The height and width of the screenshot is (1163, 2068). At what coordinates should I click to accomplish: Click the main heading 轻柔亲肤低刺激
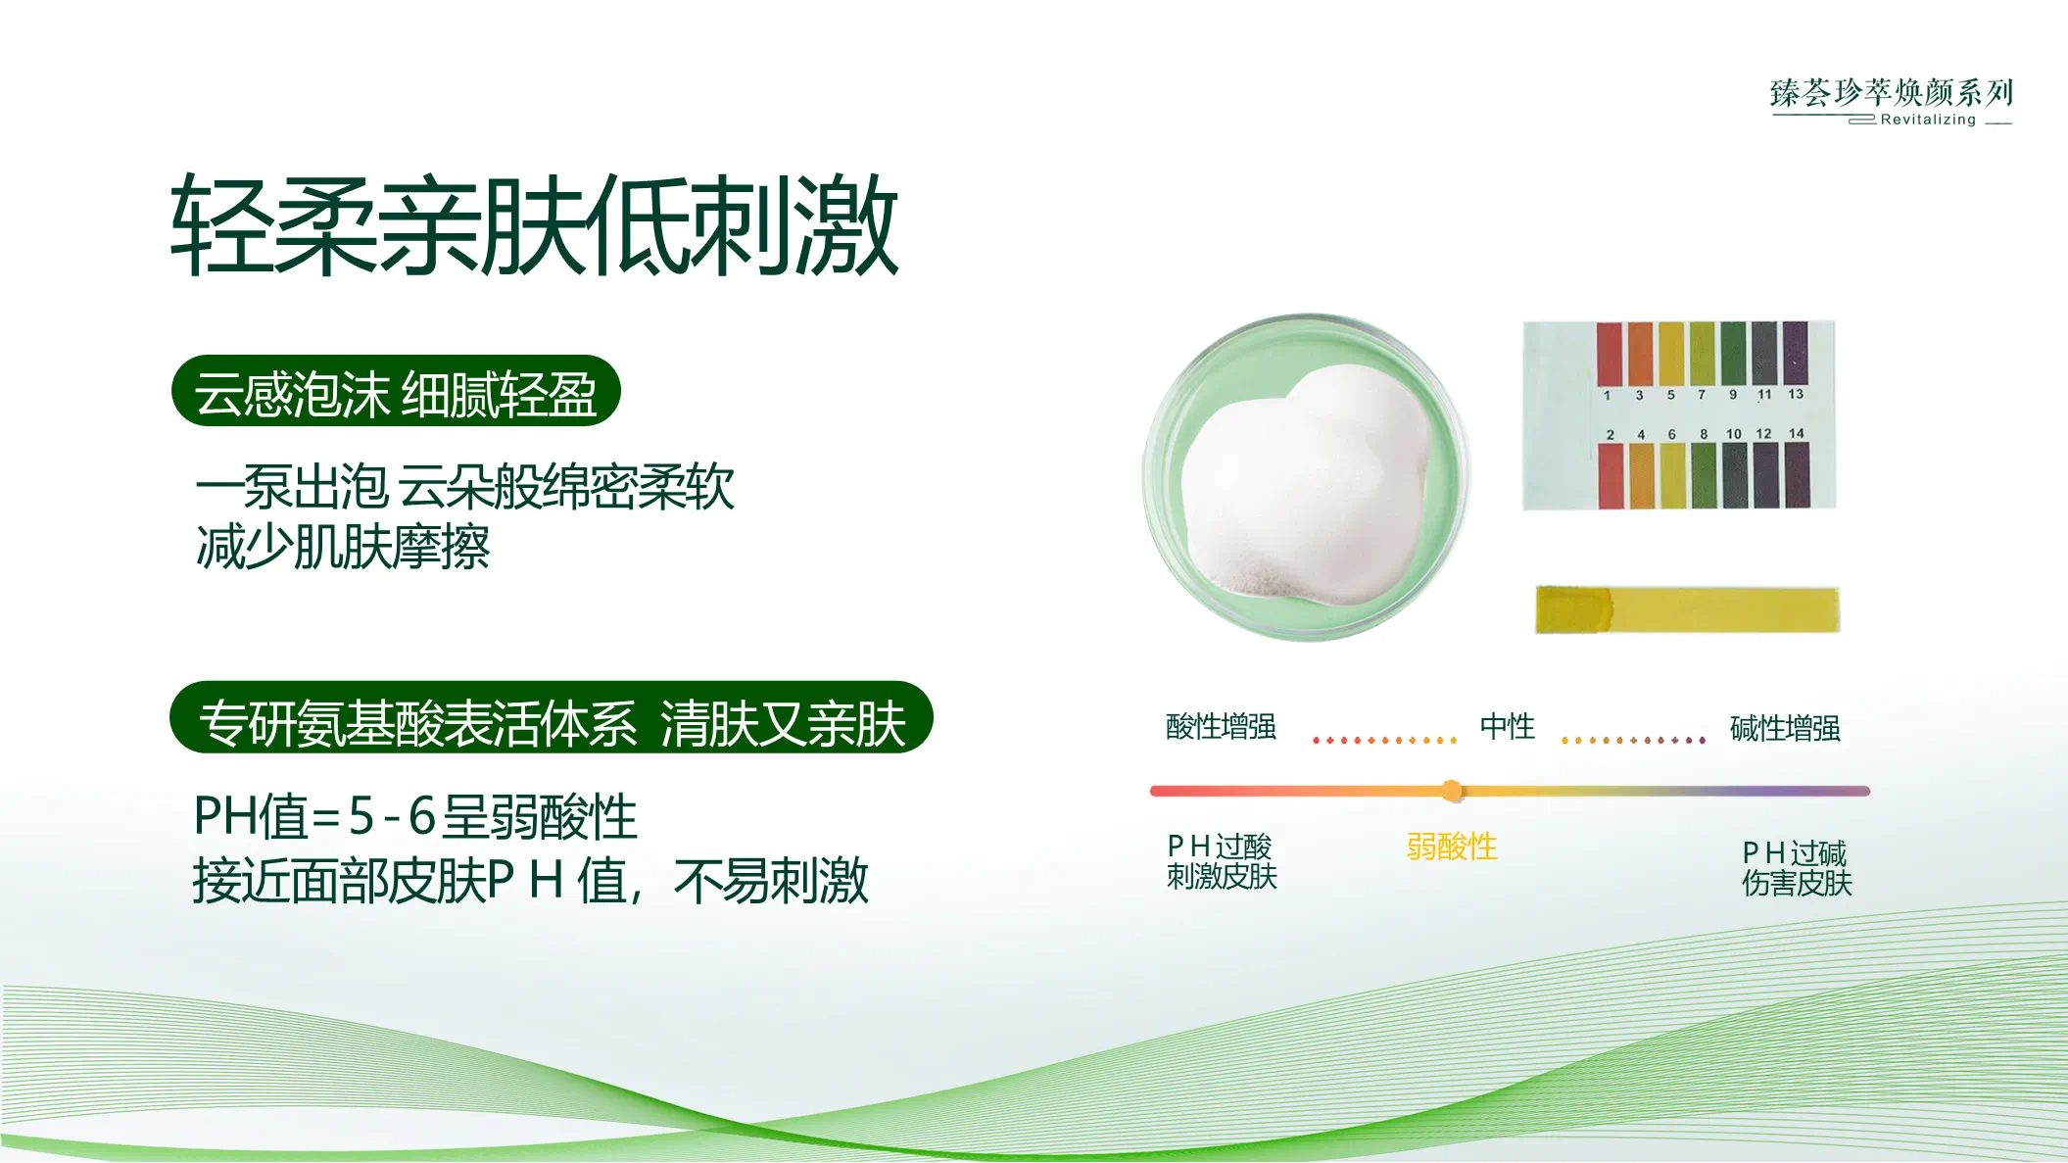(x=534, y=225)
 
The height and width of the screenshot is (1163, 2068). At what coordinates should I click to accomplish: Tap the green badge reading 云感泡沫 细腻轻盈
(x=396, y=391)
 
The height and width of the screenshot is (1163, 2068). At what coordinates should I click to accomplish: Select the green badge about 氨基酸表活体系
(x=552, y=717)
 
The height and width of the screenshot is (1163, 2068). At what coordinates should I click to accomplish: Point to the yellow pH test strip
(x=1687, y=609)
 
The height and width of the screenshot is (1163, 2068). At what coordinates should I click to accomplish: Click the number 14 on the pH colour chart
(x=1796, y=433)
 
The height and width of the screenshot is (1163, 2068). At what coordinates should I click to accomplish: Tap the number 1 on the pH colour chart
(x=1607, y=395)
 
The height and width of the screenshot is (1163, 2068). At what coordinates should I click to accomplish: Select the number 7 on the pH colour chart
(x=1702, y=395)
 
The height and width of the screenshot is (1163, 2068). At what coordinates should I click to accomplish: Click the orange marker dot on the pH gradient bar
(x=1452, y=791)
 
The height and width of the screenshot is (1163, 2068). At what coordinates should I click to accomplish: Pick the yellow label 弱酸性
(x=1452, y=847)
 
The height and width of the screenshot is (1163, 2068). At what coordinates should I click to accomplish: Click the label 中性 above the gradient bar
(x=1508, y=726)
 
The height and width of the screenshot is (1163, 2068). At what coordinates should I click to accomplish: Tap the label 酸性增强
(x=1221, y=726)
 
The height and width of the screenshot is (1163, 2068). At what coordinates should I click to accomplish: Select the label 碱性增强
(x=1785, y=728)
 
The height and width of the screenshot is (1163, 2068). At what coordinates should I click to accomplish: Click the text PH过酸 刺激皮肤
(x=1222, y=861)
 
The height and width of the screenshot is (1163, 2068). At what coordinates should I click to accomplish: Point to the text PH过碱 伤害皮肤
(x=1797, y=868)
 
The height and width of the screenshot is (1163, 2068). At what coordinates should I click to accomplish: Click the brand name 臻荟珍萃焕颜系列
(x=1892, y=92)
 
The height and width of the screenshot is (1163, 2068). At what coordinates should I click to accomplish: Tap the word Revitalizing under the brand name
(x=1928, y=120)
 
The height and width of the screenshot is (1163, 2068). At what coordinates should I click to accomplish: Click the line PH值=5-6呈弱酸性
(x=415, y=816)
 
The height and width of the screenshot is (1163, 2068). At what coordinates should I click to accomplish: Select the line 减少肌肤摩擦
(x=343, y=547)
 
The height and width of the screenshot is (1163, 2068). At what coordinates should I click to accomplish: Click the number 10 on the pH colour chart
(x=1734, y=433)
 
